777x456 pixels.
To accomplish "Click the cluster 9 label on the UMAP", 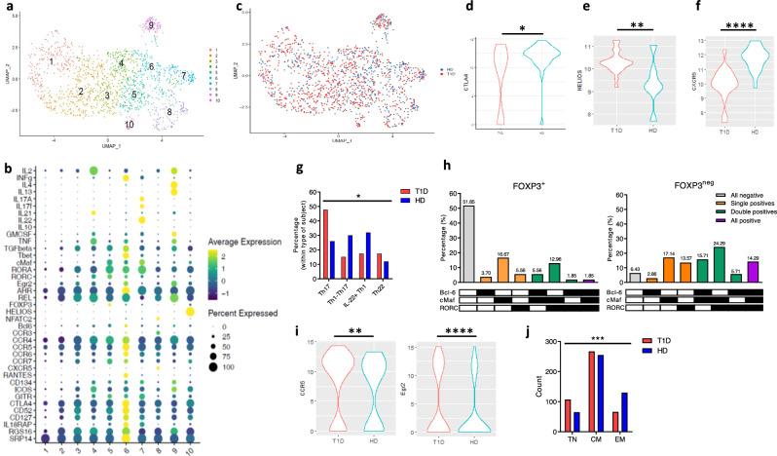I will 152,23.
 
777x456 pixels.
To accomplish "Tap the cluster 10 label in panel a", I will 129,125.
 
